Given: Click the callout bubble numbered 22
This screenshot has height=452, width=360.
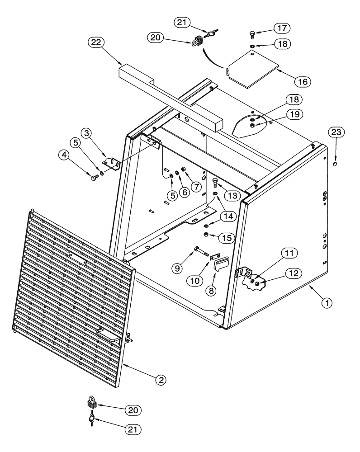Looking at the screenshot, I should (96, 43).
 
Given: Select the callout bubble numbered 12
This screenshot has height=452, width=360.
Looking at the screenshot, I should (292, 272).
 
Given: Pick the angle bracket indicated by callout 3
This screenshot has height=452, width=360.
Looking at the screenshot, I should (111, 161).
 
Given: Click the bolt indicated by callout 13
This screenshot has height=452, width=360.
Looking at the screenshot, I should (216, 184).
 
